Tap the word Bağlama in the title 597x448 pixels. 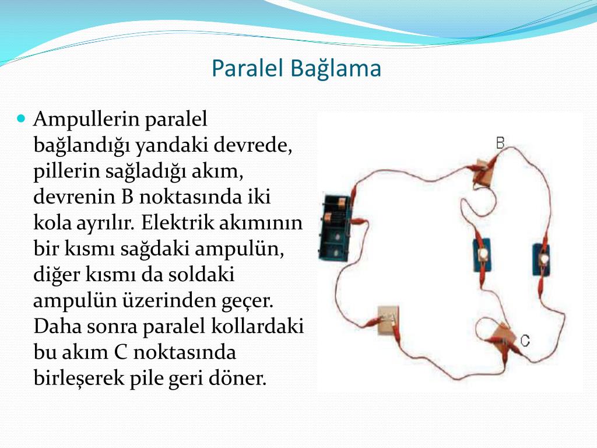tap(336, 69)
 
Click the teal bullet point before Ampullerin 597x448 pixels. tap(22, 118)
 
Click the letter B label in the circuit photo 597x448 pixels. tap(500, 143)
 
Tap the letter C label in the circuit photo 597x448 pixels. tap(525, 340)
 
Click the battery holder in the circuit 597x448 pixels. tap(335, 228)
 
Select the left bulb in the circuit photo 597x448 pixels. tap(482, 254)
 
